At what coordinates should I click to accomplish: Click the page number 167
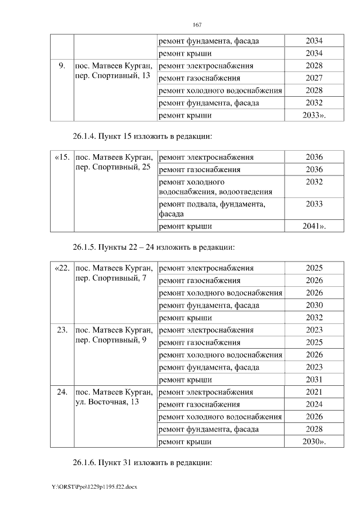(197, 25)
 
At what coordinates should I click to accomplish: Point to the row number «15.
(62, 157)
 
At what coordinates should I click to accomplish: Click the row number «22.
(62, 268)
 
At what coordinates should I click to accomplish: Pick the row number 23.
(62, 330)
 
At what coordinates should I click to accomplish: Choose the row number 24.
(62, 392)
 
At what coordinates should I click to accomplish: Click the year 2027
(314, 78)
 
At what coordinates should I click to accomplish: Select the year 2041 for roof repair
(313, 226)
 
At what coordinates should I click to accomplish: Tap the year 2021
(314, 392)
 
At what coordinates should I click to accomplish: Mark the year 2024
(314, 404)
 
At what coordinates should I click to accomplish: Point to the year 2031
(314, 380)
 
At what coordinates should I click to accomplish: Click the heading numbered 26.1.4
(142, 136)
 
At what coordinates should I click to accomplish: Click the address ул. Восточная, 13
(106, 403)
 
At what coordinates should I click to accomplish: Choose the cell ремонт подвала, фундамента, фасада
(212, 209)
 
